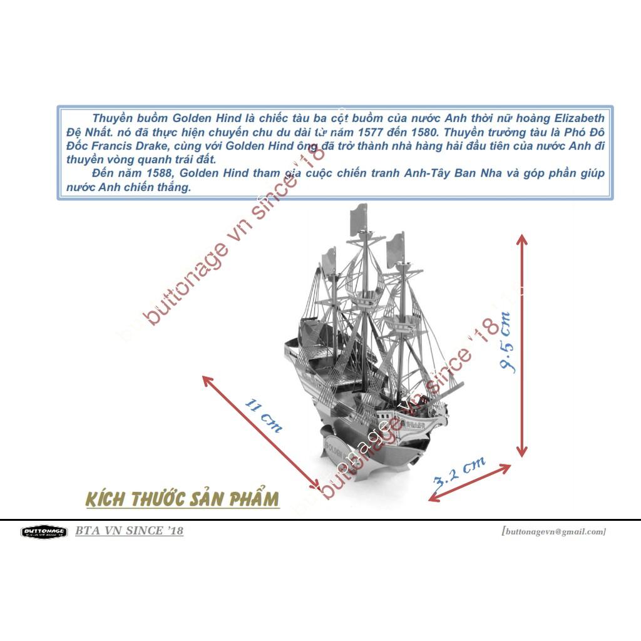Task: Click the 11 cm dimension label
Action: point(263,415)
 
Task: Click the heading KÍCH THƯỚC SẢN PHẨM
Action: point(182,500)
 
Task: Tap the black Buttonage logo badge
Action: point(44,531)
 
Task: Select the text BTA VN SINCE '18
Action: point(129,531)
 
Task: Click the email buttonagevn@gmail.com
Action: point(553,531)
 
